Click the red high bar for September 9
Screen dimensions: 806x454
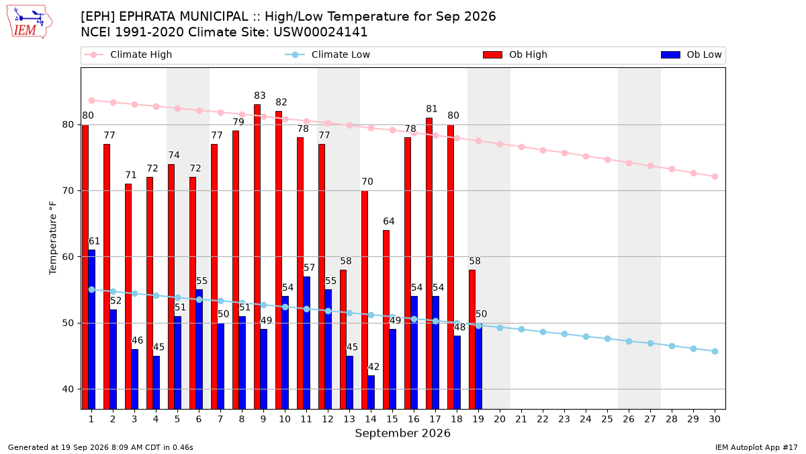click(257, 256)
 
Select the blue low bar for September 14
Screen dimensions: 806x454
click(371, 392)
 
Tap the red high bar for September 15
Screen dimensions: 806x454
click(386, 319)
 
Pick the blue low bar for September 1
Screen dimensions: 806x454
click(92, 330)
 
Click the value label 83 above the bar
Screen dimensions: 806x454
click(260, 96)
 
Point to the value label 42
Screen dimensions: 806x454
click(373, 367)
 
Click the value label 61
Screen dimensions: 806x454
click(94, 241)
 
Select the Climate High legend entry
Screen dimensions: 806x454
click(128, 54)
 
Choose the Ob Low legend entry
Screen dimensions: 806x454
click(691, 54)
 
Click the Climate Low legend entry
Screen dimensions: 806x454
click(328, 54)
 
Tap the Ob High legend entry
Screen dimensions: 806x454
click(515, 54)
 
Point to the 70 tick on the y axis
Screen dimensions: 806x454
click(68, 190)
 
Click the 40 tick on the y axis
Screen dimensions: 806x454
click(68, 389)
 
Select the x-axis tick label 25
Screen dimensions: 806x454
click(607, 419)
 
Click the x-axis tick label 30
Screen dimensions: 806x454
click(715, 419)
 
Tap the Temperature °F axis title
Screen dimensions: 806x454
click(53, 238)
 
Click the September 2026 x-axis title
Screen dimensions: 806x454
click(402, 433)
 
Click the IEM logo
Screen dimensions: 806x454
click(29, 22)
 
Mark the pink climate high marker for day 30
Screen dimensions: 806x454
click(715, 176)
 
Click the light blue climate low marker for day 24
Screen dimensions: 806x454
click(586, 336)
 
